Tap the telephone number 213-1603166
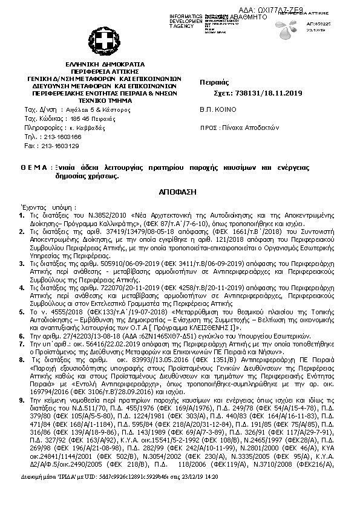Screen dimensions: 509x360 click(x=60, y=137)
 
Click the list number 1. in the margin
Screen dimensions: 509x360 click(x=22, y=215)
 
